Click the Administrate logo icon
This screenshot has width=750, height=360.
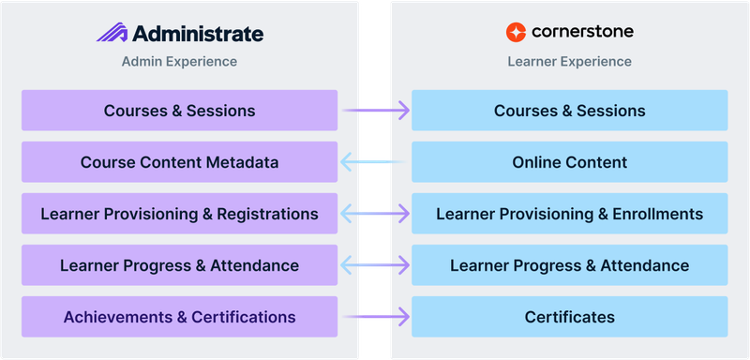[112, 34]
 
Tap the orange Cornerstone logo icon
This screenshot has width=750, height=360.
[516, 32]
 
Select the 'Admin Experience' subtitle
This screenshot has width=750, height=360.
[179, 62]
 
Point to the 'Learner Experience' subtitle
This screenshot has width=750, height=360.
[569, 62]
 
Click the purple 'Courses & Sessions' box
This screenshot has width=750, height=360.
[179, 111]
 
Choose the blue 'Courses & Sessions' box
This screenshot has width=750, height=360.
[569, 111]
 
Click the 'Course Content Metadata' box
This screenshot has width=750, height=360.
[179, 162]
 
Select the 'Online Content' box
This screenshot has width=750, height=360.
[569, 162]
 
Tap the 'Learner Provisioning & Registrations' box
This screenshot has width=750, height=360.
[179, 214]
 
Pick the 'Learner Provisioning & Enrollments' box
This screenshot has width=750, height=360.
[569, 214]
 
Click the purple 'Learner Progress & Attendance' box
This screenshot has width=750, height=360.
[179, 265]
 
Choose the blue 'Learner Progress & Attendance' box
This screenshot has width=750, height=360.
[569, 265]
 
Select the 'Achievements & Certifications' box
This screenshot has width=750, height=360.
[179, 317]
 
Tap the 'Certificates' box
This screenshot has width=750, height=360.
[569, 317]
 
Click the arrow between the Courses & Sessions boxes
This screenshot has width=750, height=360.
[375, 111]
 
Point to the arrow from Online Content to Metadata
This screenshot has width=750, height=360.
[375, 162]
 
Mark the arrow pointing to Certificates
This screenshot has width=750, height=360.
[375, 317]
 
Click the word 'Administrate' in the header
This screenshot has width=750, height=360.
[198, 34]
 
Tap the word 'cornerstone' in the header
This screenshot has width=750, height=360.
[582, 32]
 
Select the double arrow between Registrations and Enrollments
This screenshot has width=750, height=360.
[375, 214]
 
